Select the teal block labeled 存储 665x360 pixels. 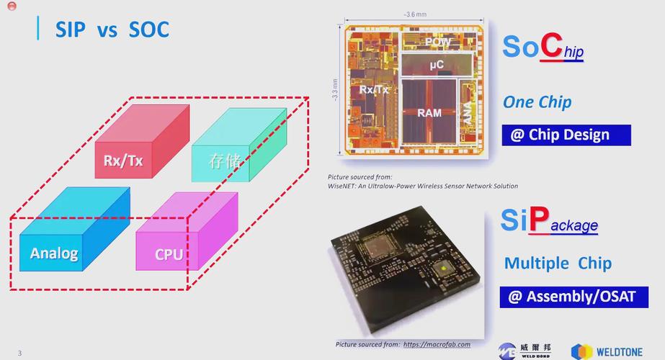[x=225, y=161]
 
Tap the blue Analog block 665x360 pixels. [x=54, y=252]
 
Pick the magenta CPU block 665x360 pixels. [x=169, y=253]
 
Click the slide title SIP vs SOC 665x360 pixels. [x=112, y=30]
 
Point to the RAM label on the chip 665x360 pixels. [x=429, y=113]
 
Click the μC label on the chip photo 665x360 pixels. [x=436, y=66]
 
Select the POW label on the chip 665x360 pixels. [x=437, y=42]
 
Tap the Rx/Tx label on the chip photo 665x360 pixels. [x=374, y=90]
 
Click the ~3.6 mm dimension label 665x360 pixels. [x=415, y=14]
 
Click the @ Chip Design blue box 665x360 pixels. [x=566, y=135]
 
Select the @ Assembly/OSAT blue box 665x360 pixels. [x=573, y=297]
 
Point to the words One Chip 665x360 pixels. [x=537, y=102]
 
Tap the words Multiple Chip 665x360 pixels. [x=558, y=263]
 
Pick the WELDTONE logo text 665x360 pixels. [x=623, y=351]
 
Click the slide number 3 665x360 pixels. [x=20, y=353]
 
